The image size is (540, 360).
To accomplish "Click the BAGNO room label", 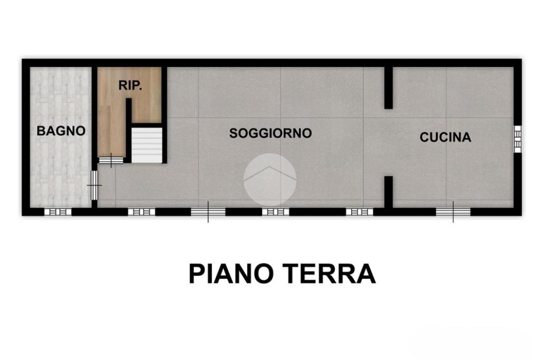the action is point(61,131).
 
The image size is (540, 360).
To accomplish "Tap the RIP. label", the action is point(130,85).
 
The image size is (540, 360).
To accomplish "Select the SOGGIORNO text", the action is point(271,133).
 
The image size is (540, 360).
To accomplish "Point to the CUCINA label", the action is point(445,138).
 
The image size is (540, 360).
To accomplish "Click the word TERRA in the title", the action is point(331,274).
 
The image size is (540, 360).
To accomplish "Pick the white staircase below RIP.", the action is point(147,145).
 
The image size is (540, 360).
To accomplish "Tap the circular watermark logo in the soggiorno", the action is point(270,179).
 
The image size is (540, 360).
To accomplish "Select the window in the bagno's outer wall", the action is point(58,212).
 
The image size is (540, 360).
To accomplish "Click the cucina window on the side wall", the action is point(518,137).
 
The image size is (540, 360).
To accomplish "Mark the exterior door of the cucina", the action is point(453,212).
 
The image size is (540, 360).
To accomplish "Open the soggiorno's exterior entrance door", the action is point(208,212).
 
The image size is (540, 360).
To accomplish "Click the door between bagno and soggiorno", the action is point(94,186).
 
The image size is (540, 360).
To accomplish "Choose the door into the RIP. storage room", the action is point(111,160).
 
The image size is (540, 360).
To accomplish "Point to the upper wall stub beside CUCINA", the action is point(389,88).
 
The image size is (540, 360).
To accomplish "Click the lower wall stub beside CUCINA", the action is point(389,192).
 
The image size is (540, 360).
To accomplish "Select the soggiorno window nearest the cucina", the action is point(360,212).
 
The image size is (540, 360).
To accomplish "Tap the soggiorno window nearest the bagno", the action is point(141,212).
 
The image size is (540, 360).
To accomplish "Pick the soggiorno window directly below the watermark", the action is point(275,212).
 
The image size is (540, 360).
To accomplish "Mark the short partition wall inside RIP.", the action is point(129,130).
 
